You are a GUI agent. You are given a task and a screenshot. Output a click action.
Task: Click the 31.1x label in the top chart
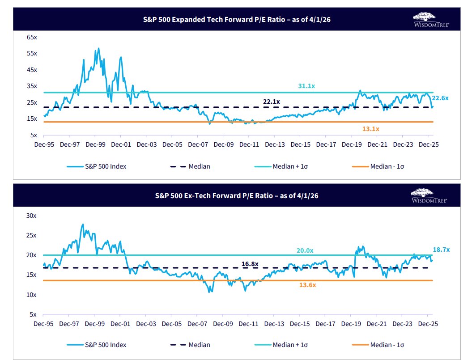[x=307, y=86]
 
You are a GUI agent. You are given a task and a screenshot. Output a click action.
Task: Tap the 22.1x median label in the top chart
[x=272, y=102]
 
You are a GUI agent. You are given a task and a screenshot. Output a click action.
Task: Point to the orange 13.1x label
[x=371, y=129]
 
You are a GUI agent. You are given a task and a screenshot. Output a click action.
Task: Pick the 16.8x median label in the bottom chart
[x=250, y=264]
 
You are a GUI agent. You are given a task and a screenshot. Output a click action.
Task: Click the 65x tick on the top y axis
[x=32, y=37]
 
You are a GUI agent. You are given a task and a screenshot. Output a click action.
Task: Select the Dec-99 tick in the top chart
[x=95, y=145]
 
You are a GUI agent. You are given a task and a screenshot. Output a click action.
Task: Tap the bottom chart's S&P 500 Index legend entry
[x=106, y=345]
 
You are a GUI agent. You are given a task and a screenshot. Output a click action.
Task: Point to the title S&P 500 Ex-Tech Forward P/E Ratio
[x=236, y=195]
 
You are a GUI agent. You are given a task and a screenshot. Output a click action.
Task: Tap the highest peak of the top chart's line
[x=98, y=49]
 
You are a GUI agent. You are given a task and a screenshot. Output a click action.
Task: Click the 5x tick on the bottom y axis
[x=34, y=314]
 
